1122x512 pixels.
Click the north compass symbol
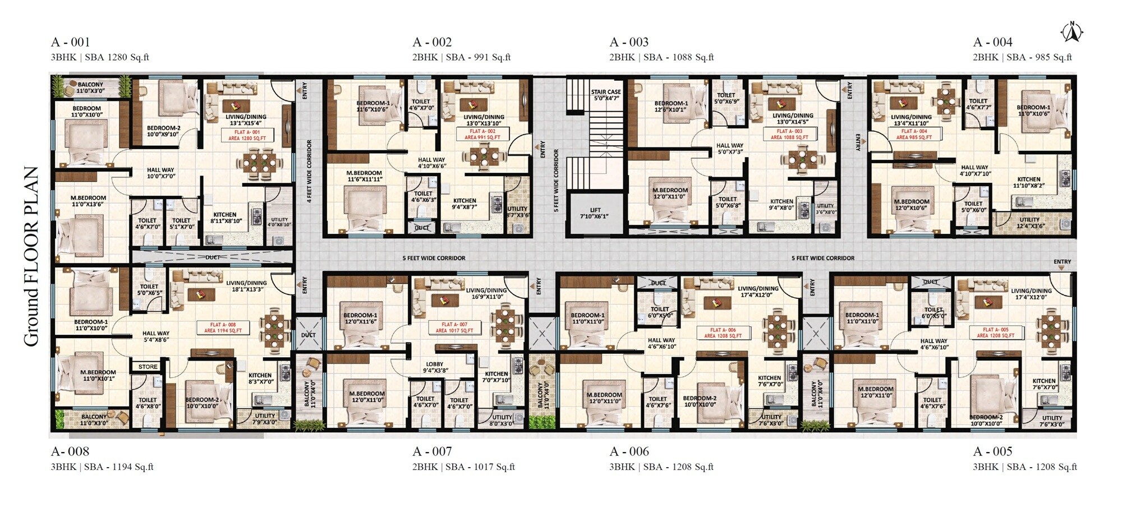tap(1072, 32)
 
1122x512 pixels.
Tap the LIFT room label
tap(595, 213)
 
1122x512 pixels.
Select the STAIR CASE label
tap(606, 95)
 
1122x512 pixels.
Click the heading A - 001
tap(70, 42)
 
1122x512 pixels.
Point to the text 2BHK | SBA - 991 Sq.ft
tap(461, 57)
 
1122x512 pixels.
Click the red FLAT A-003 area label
tap(789, 134)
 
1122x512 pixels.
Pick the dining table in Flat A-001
tap(259, 163)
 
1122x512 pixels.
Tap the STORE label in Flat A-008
tap(148, 367)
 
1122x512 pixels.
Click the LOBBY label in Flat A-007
tap(435, 367)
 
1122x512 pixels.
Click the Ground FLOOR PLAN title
tap(31, 256)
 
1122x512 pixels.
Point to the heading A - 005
tap(992, 451)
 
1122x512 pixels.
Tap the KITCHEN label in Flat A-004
tap(1028, 182)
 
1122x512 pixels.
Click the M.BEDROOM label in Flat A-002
tap(364, 176)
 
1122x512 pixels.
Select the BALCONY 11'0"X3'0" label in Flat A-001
tap(90, 87)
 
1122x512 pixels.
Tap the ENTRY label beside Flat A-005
tap(1062, 262)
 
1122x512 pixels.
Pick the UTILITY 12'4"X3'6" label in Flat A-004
tap(1029, 223)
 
